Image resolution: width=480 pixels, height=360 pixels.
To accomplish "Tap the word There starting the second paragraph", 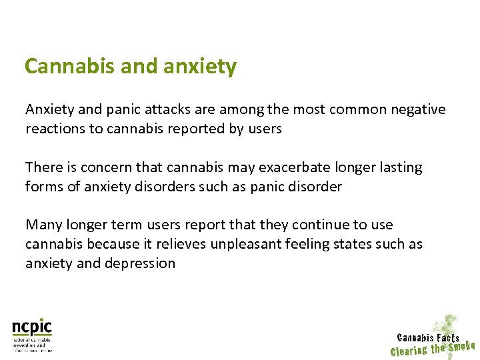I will (x=43, y=167).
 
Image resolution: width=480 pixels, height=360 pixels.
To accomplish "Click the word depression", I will (x=138, y=264).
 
